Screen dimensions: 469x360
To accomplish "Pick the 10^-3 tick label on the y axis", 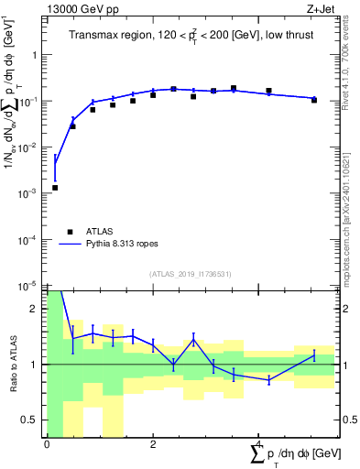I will [29, 193].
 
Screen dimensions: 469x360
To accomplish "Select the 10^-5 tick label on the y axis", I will [29, 286].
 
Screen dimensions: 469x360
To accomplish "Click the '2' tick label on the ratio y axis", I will [36, 309].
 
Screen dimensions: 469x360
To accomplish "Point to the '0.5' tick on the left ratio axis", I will [31, 420].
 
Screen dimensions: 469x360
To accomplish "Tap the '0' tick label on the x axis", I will [47, 444].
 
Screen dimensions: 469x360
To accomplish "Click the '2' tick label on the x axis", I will [153, 444].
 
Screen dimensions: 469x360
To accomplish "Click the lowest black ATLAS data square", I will [56, 188].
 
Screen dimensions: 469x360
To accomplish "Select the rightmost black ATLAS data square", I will [314, 100].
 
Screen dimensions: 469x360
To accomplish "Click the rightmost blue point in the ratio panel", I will [314, 354].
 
